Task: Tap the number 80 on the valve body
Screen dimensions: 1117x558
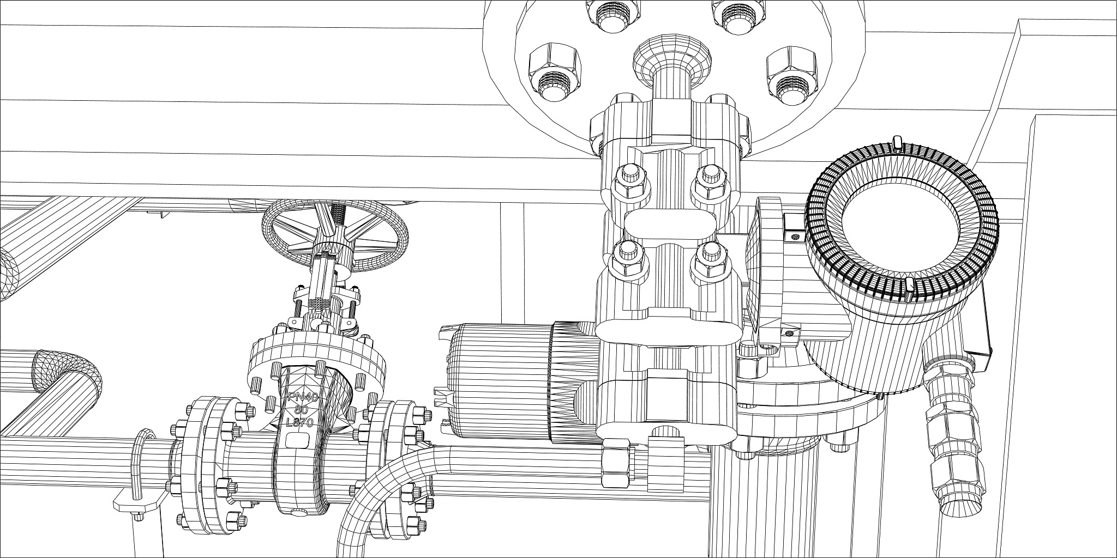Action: tap(301, 409)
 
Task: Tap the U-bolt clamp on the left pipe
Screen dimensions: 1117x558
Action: tap(140, 474)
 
